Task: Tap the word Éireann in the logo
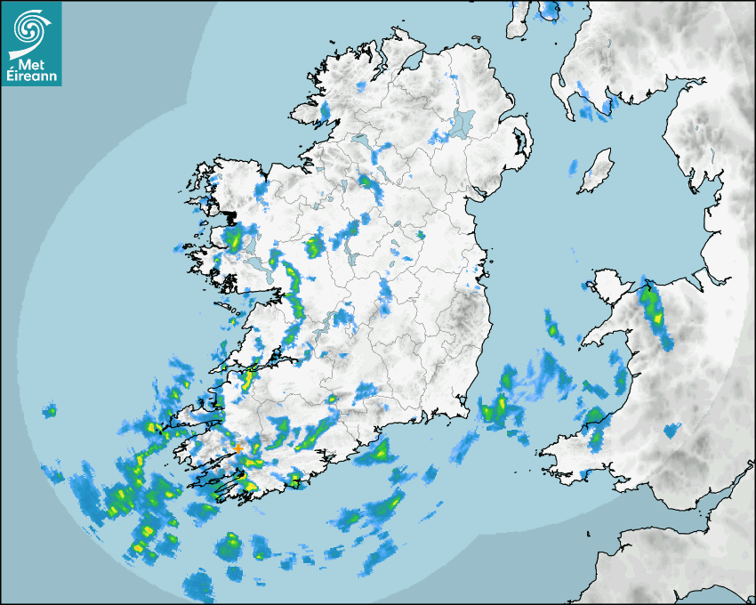point(30,76)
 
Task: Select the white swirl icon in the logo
point(30,29)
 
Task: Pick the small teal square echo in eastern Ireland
point(423,235)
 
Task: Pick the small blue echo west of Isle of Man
point(574,165)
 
